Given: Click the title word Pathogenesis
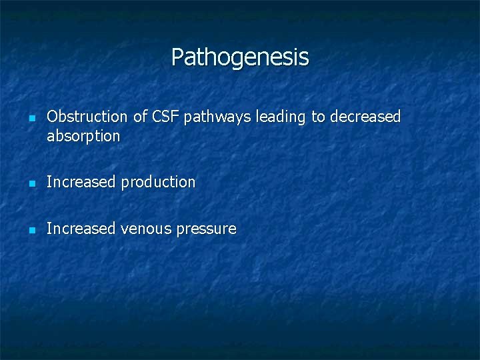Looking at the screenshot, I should coord(240,57).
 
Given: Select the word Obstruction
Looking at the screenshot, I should coord(87,117).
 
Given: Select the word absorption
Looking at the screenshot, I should coord(83,137).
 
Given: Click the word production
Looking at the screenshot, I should coord(158,183).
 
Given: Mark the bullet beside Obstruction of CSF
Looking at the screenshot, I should coord(31,119).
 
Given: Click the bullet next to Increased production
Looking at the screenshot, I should coord(31,183).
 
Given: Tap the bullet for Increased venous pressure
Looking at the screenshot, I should coord(31,230).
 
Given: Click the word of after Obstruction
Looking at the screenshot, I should coord(140,117).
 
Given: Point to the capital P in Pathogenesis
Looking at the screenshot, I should coord(177,57).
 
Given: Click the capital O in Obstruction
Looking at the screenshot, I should coord(53,117).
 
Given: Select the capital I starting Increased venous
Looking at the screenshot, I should coord(49,229).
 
